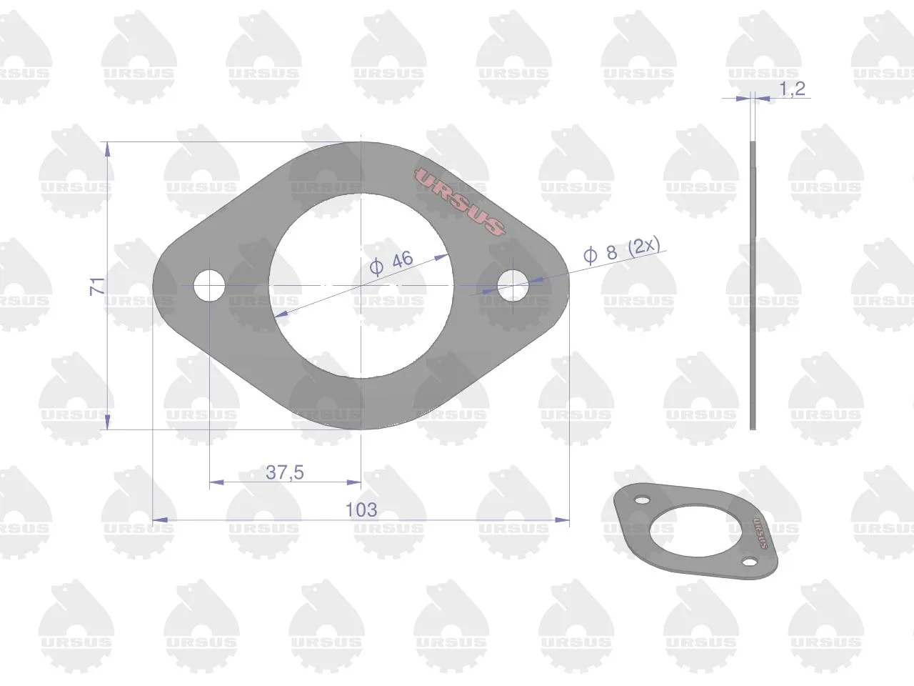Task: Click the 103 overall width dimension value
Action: (x=361, y=509)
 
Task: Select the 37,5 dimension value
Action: (x=285, y=472)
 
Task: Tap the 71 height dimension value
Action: (x=97, y=286)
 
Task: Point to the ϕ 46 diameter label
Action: (x=391, y=263)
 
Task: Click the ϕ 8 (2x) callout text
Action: (x=621, y=251)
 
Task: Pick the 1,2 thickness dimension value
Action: (x=792, y=89)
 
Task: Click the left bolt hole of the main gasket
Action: (x=209, y=286)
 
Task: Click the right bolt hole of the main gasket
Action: (x=513, y=286)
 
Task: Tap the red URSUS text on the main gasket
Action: (x=460, y=202)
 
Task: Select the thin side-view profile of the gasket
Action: (x=753, y=286)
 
